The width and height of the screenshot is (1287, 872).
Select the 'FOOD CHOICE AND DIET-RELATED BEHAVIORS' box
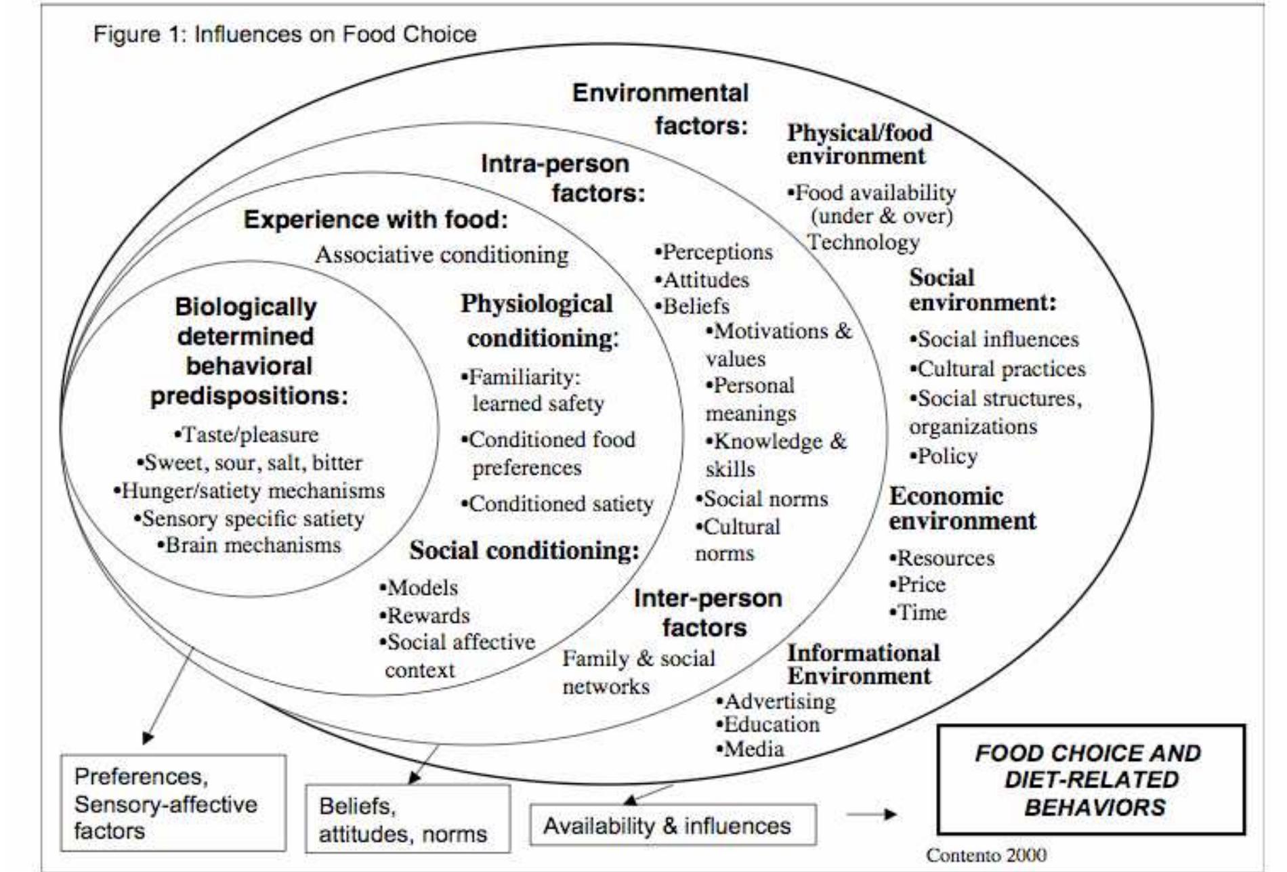coord(1091,780)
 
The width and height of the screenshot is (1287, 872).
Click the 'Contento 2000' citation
coord(986,855)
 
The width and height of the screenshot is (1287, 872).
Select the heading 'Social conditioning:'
coord(524,550)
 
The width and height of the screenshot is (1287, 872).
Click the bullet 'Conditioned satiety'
coord(557,504)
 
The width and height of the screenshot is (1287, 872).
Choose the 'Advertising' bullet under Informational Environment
coord(776,701)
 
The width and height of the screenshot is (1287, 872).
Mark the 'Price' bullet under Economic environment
coord(918,584)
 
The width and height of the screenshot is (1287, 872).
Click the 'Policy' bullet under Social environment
coord(944,456)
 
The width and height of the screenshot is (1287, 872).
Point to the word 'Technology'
coord(864,242)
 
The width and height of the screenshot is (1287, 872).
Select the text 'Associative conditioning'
coord(442,255)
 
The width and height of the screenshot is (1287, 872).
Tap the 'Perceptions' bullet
coord(714,252)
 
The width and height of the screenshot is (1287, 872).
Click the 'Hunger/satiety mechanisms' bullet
coord(249,490)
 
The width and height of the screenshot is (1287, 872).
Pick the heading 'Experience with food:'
coord(376,219)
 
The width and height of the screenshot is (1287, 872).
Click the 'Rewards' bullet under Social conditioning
coord(425,615)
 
